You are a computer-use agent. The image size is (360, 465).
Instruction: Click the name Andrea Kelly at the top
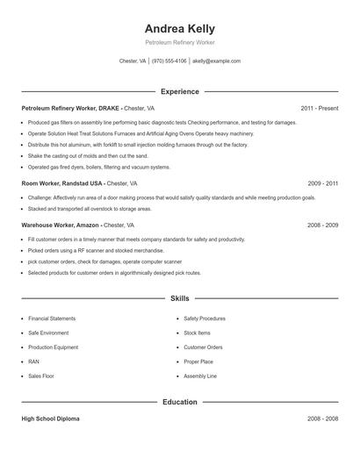(179, 29)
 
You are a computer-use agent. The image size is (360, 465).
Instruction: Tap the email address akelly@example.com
(216, 61)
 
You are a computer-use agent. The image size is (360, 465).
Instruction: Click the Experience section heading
(179, 91)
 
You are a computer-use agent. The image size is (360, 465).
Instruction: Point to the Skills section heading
(179, 299)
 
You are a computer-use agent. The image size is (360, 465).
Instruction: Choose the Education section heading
(179, 402)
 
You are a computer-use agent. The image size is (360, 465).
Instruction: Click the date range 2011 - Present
(319, 108)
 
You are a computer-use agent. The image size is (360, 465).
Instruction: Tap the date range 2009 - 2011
(322, 183)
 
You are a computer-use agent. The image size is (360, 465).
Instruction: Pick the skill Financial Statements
(52, 318)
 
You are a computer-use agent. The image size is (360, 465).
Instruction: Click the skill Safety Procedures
(205, 318)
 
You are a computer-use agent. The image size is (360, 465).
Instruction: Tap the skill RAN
(33, 361)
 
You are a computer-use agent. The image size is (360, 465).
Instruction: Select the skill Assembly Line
(200, 376)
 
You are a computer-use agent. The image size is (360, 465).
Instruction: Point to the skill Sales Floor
(41, 376)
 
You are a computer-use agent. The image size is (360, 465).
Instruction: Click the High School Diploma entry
(50, 418)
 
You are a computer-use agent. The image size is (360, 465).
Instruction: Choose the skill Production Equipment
(54, 347)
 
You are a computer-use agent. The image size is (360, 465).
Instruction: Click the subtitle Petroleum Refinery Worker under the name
(179, 42)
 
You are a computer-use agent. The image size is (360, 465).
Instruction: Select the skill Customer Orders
(203, 347)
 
